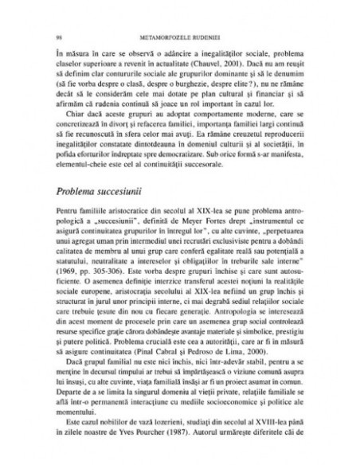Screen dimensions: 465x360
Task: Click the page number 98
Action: [49, 37]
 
